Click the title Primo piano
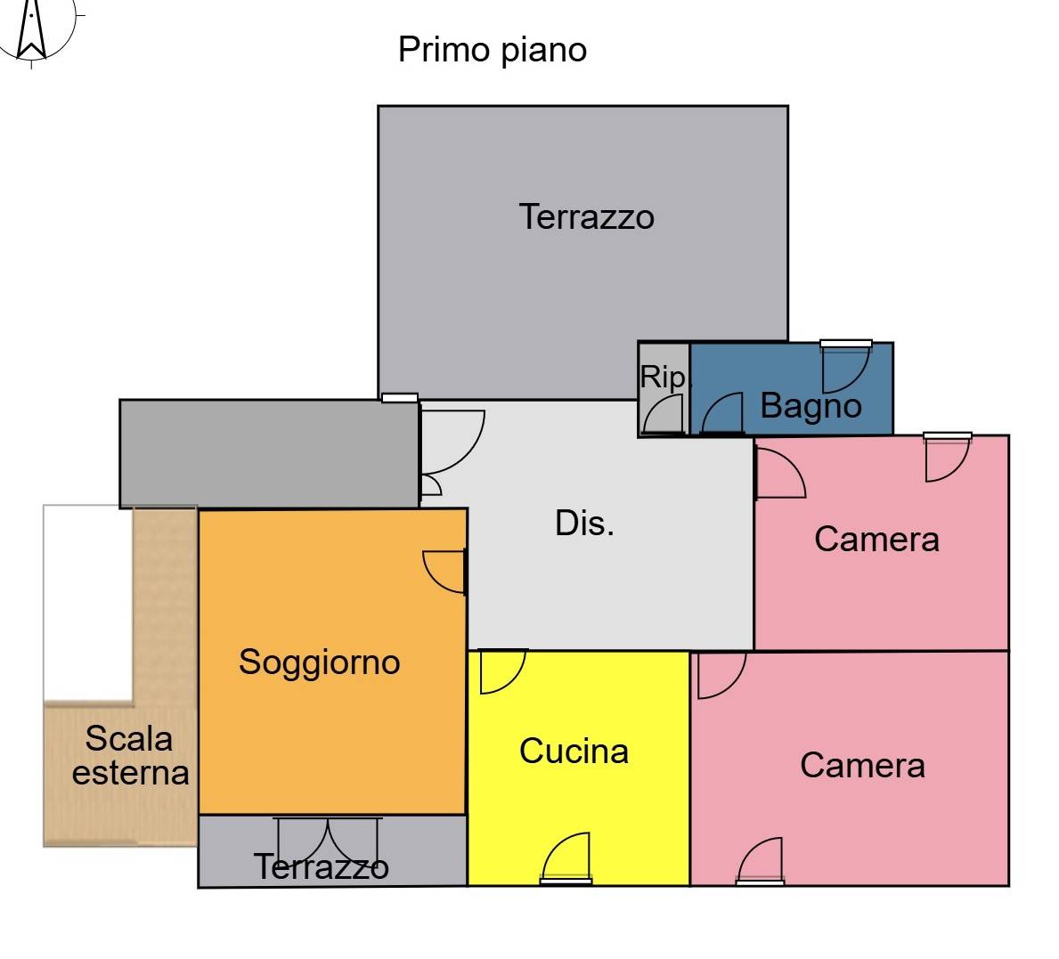point(493,50)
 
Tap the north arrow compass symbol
point(32,30)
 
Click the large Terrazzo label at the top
point(586,217)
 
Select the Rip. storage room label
point(664,378)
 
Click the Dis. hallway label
point(585,524)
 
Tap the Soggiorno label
point(320,662)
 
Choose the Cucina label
point(574,751)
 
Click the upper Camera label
point(876,540)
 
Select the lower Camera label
point(862,766)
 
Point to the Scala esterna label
point(130,756)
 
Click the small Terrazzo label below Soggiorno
point(322,867)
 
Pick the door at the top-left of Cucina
point(502,671)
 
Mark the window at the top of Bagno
point(845,344)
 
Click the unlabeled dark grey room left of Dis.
point(270,453)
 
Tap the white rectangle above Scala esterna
point(88,603)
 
